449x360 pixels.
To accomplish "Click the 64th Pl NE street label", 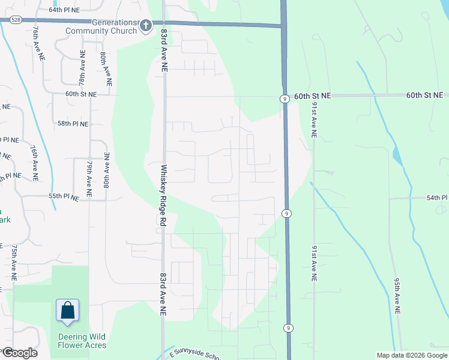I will tap(64, 10).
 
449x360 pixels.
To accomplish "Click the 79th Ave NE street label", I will tap(89, 179).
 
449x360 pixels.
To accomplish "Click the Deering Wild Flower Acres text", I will tap(83, 341).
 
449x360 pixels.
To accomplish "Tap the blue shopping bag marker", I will tap(68, 310).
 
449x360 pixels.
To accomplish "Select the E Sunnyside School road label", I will tap(194, 355).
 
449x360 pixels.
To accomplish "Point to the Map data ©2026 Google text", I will tap(411, 355).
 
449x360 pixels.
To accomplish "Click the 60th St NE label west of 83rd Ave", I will tap(81, 94).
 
